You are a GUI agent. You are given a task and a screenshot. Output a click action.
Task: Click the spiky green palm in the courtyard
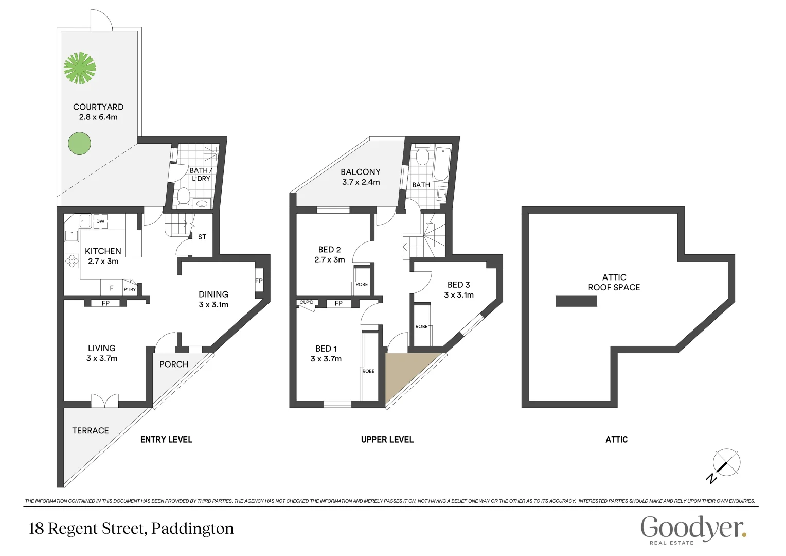(80, 67)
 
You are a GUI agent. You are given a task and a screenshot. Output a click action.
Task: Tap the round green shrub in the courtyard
(80, 143)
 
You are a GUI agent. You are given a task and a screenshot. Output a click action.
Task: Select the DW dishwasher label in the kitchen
(100, 221)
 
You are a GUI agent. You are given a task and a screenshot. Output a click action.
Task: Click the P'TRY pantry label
(130, 289)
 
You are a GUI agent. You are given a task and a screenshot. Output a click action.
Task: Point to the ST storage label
(202, 237)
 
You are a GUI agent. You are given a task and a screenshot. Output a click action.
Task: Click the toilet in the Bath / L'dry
(183, 197)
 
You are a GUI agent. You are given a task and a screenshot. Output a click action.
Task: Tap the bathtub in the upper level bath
(441, 164)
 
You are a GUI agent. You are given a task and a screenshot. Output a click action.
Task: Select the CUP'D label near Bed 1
(307, 302)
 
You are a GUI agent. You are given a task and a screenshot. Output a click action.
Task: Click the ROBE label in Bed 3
(421, 326)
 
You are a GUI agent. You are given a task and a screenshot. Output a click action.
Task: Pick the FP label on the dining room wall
(259, 281)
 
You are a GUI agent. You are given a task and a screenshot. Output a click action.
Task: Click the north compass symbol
(725, 464)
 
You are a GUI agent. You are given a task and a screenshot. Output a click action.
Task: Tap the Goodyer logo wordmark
(693, 528)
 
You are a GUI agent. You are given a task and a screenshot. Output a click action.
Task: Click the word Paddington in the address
(192, 529)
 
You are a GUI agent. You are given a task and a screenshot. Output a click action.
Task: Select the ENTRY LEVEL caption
(166, 439)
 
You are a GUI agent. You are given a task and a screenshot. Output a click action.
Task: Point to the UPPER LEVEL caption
(387, 439)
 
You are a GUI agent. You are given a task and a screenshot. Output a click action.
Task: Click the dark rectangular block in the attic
(576, 301)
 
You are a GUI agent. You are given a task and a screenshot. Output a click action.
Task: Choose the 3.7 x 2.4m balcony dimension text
(361, 182)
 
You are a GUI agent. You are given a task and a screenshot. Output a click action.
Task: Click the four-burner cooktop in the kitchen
(72, 261)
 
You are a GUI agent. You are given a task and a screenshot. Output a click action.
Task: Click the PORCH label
(174, 364)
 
